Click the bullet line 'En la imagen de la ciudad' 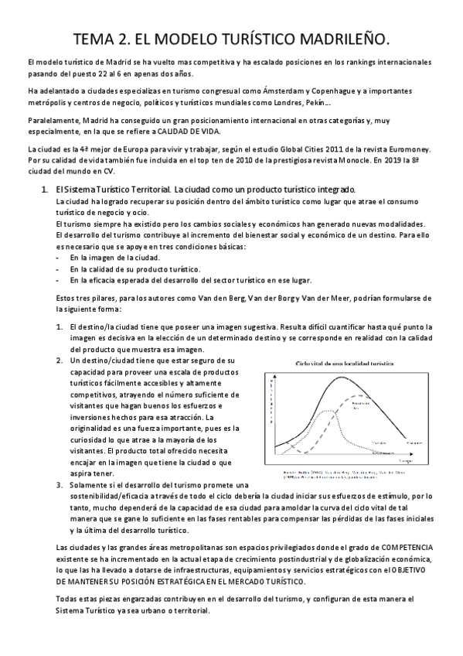point(114,257)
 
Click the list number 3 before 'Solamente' point(60,484)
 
